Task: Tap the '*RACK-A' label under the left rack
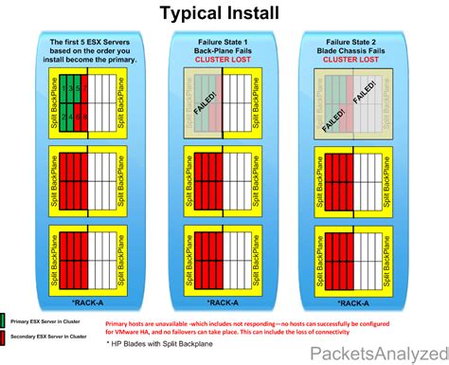(x=91, y=303)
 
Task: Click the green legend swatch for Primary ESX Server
(x=6, y=321)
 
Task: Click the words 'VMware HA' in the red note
(x=128, y=329)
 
